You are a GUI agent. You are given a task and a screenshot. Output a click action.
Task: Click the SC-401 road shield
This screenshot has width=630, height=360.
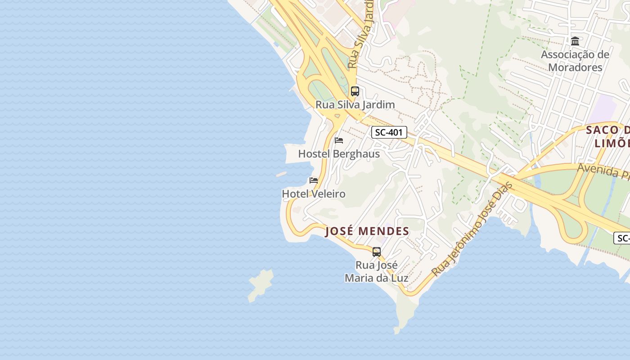point(389,132)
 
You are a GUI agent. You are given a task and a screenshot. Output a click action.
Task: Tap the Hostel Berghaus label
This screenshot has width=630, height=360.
point(339,154)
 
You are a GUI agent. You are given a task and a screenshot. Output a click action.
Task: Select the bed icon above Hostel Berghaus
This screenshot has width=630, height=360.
point(339,140)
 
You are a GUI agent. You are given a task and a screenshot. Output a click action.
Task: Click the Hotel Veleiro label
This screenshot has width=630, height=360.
point(314,194)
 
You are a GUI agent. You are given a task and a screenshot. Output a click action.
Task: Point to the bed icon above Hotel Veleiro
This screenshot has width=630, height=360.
point(314,180)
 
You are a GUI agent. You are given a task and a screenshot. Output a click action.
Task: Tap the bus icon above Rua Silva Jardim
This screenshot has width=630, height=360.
point(355,91)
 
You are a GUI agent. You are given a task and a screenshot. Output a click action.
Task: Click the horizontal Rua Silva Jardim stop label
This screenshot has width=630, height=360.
point(355,105)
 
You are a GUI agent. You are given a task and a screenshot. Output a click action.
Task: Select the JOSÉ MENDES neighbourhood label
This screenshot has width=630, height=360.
point(367,232)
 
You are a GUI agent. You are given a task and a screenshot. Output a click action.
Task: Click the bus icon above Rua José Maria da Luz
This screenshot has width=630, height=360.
point(377,252)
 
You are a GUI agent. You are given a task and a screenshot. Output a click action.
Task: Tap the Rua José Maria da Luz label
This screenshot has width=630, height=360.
point(377,271)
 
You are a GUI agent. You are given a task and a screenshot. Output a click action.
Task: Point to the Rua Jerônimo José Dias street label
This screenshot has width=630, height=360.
point(472,229)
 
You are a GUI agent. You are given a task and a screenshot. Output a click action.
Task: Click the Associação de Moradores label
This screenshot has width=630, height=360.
point(575,61)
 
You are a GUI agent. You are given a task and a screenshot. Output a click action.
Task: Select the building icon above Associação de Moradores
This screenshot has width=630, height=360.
point(575,41)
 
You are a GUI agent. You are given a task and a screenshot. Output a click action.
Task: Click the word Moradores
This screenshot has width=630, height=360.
point(575,67)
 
